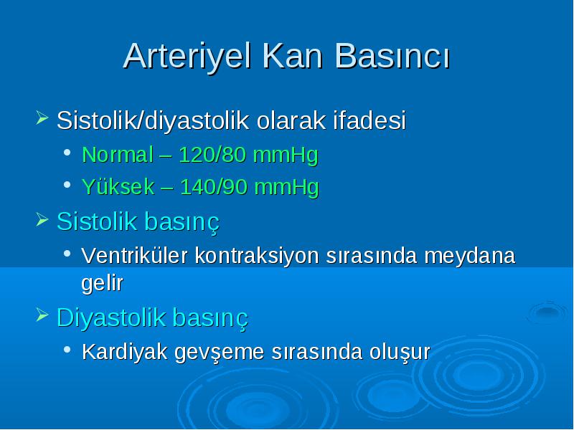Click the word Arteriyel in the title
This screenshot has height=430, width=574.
coord(187,56)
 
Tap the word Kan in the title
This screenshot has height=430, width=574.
coord(293,56)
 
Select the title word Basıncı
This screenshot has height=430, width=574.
coord(392,56)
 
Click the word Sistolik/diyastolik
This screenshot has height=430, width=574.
coord(153,120)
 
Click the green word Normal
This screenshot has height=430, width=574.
coord(118,154)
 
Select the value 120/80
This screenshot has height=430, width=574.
coord(212,154)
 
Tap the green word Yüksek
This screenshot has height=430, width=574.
coord(118,186)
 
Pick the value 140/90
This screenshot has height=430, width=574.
coord(213,186)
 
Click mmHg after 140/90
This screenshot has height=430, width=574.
coord(286,187)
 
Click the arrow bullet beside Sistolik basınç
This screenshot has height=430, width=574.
coord(42,220)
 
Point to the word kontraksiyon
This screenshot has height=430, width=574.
coord(257,255)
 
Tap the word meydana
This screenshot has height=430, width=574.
coord(470,255)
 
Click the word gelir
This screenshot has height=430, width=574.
coord(102,282)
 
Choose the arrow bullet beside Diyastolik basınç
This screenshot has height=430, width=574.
coord(42,315)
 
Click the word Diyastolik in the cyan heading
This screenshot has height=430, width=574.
coord(111,317)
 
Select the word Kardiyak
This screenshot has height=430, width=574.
coord(124,352)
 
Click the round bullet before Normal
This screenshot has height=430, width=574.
coord(67,153)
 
